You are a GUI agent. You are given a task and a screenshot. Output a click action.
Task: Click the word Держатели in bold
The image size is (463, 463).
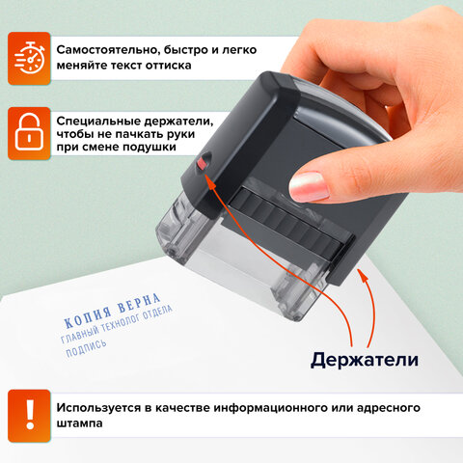pyautogui.click(x=364, y=360)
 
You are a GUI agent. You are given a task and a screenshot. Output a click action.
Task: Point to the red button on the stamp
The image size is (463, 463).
pyautogui.click(x=202, y=166)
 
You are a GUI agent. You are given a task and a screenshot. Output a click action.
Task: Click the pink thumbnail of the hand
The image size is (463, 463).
pyautogui.click(x=310, y=184)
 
